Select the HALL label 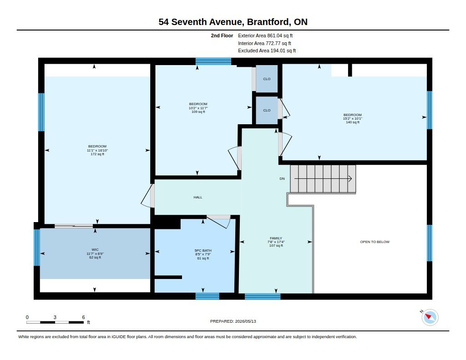click(x=198, y=197)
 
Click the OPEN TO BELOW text click(x=375, y=242)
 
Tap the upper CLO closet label click(x=267, y=79)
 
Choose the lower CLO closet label click(x=267, y=110)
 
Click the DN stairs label click(x=282, y=179)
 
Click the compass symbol click(x=430, y=317)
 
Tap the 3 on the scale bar click(x=55, y=317)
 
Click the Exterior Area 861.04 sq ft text click(x=265, y=35)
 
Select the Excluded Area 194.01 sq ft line click(x=267, y=51)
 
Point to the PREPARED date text click(x=233, y=321)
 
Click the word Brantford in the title click(x=269, y=22)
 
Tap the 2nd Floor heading click(x=222, y=35)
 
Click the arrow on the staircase click(x=323, y=179)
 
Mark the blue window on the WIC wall click(x=37, y=247)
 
